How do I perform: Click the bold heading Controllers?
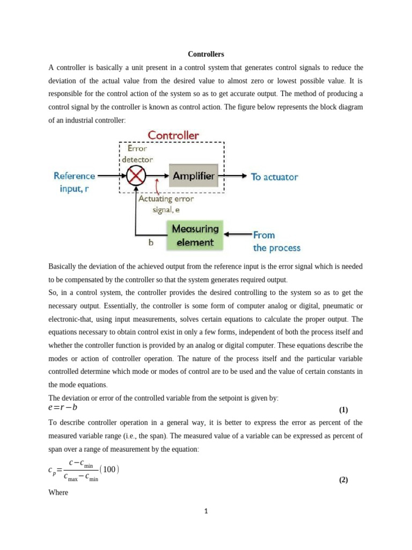tap(206, 54)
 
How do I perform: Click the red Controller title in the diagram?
tap(173, 135)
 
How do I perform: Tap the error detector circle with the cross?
tap(136, 176)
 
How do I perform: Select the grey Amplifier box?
tap(193, 176)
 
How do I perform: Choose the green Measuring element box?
tap(195, 235)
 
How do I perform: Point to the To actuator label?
tap(275, 176)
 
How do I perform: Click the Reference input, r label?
tap(74, 182)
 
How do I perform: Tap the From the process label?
tap(276, 241)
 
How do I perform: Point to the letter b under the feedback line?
tap(151, 242)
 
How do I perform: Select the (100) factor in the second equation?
tap(109, 469)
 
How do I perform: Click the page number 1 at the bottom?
tap(206, 511)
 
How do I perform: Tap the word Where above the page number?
tap(58, 492)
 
